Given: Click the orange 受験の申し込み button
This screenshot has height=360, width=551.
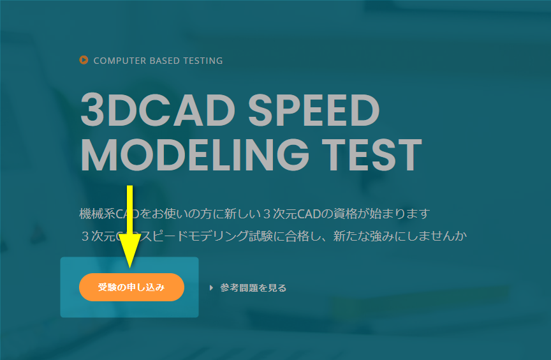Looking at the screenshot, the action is click(x=131, y=287).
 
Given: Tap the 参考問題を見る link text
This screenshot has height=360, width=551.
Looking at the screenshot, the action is click(x=253, y=288).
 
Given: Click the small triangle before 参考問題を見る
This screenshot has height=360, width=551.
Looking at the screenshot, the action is click(x=211, y=288).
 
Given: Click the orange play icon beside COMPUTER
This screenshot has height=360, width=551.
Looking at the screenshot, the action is click(x=84, y=60).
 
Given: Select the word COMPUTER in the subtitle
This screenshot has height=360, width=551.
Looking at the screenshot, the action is click(x=120, y=61).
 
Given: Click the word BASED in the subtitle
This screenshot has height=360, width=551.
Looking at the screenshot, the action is click(x=165, y=61).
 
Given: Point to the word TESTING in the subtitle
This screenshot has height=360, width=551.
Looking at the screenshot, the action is click(x=203, y=61).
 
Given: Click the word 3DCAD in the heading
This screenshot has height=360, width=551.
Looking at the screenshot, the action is click(x=158, y=110).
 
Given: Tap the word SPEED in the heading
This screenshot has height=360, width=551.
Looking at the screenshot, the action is click(x=314, y=110).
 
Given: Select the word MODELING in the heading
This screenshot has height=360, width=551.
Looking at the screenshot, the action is click(x=195, y=154).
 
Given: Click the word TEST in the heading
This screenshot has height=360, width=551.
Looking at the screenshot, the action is click(x=372, y=154).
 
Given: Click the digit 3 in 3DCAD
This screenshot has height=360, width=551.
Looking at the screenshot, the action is click(x=92, y=110).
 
